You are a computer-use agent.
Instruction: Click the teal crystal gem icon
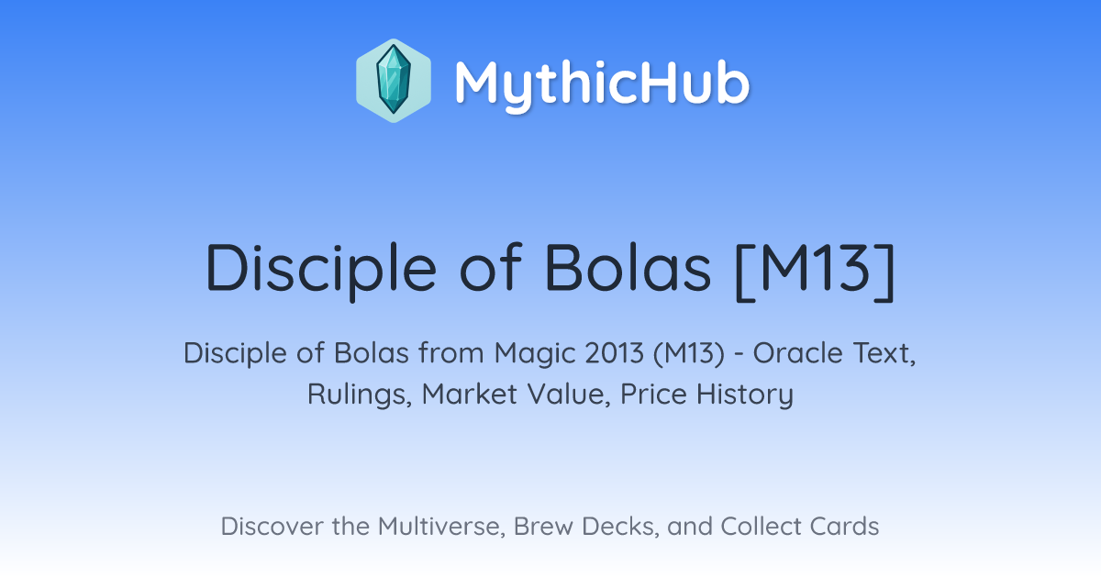click(x=394, y=80)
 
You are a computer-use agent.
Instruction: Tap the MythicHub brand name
click(x=602, y=83)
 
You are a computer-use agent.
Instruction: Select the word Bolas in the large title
click(x=628, y=268)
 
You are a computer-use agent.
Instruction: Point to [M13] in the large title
click(x=815, y=271)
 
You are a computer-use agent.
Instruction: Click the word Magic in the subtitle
click(x=535, y=354)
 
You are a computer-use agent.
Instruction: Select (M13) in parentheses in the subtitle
click(x=689, y=354)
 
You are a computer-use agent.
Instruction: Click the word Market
click(x=470, y=394)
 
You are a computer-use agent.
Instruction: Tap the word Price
click(x=653, y=394)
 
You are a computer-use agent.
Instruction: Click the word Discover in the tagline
click(x=272, y=527)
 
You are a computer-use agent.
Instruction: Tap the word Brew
click(x=543, y=527)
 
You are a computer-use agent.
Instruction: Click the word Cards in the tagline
click(x=844, y=527)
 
